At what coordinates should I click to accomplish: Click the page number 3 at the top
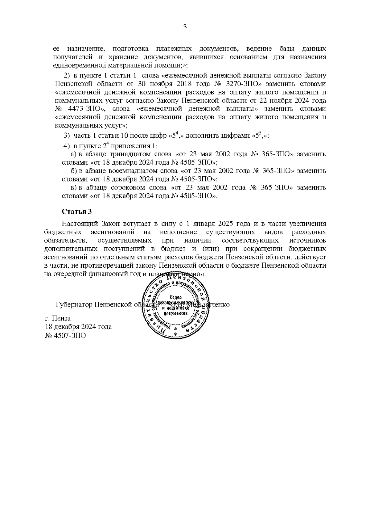tap(185, 27)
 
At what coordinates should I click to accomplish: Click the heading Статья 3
tap(77, 212)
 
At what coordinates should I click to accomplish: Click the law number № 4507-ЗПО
tap(65, 335)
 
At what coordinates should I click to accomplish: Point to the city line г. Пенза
tap(58, 318)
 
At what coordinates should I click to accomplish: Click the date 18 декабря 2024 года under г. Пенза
tap(78, 327)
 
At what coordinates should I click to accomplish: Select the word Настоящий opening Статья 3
tap(79, 224)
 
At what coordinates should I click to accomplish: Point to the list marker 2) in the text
tap(67, 76)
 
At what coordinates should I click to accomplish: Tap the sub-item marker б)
tap(74, 171)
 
